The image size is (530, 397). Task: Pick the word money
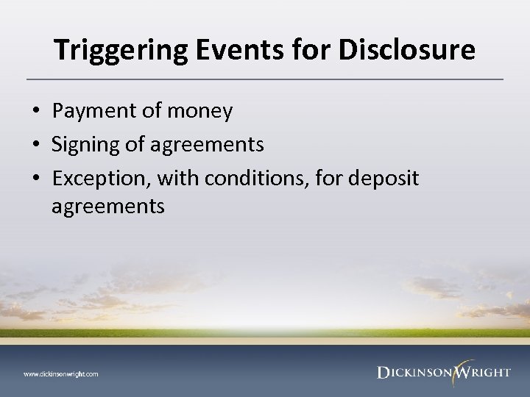(x=199, y=112)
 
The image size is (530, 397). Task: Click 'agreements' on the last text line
(x=108, y=207)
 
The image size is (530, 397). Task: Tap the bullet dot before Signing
(x=35, y=144)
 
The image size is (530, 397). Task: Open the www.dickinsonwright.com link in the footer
(x=60, y=373)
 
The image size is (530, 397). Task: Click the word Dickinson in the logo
(x=414, y=373)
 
